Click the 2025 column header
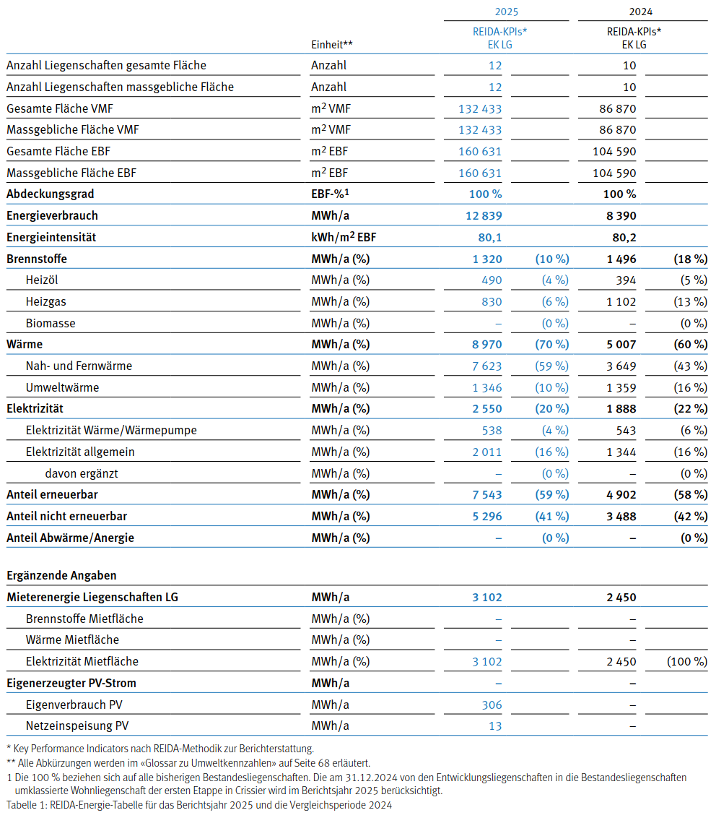(x=507, y=12)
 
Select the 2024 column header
(x=641, y=12)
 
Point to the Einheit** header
(x=332, y=45)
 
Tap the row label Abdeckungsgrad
(x=51, y=194)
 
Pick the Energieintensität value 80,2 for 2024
(x=624, y=237)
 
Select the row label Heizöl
(x=42, y=280)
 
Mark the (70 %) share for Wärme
(x=551, y=345)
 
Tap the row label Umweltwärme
(x=62, y=388)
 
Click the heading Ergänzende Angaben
(x=61, y=576)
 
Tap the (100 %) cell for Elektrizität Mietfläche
(x=681, y=662)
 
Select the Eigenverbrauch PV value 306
(x=492, y=705)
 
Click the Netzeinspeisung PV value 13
(x=495, y=726)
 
